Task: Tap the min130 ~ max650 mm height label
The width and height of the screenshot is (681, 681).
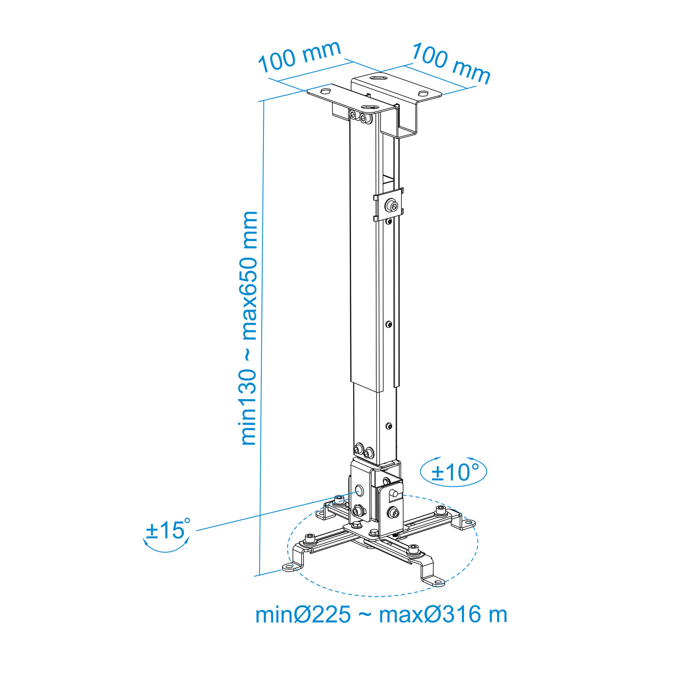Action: coord(249,328)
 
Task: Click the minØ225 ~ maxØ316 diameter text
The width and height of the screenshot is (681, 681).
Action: coord(381,615)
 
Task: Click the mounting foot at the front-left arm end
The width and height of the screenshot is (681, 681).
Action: coord(292,566)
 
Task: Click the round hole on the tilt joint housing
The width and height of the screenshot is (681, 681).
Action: coord(359,490)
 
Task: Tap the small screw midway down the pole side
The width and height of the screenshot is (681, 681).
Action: coord(389,324)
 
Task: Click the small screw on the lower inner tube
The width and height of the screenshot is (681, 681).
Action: coord(389,426)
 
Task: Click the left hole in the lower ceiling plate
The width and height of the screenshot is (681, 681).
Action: coord(325,92)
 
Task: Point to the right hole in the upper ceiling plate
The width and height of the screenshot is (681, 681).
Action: coord(423,94)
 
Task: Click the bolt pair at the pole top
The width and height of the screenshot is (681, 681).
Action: coord(359,116)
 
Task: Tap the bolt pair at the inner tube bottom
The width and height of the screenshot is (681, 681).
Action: coord(363,451)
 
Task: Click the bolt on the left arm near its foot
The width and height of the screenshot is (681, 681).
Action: coord(310,539)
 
